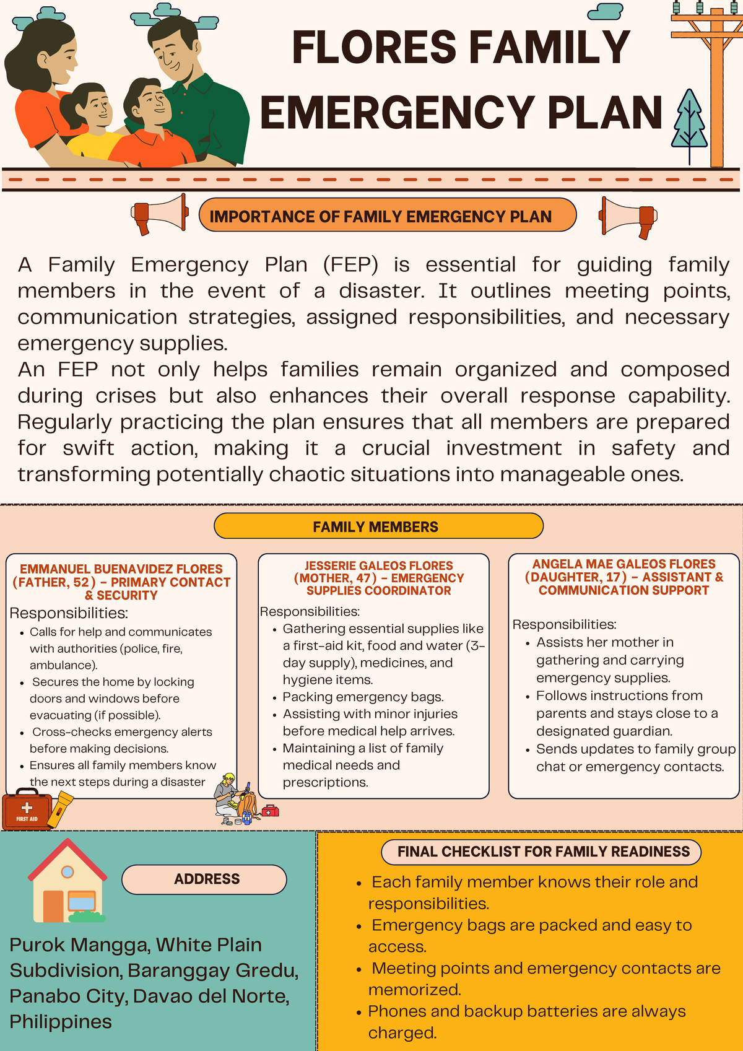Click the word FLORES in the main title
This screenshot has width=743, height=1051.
[374, 48]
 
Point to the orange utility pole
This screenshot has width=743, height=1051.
[716, 93]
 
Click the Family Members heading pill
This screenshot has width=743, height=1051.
[378, 526]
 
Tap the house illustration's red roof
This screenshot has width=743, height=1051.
[67, 858]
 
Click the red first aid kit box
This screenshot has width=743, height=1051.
[27, 809]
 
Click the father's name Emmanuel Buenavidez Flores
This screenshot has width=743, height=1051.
[121, 569]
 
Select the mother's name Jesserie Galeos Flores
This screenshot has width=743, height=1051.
[378, 565]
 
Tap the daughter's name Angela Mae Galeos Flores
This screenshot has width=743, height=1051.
[624, 564]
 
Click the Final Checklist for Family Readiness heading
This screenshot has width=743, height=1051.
[543, 852]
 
